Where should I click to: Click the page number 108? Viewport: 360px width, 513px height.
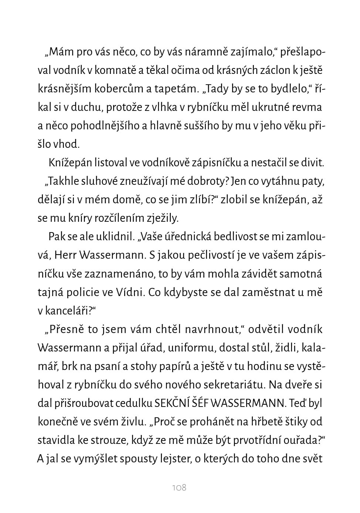click(x=179, y=487)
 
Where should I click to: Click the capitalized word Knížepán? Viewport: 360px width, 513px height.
click(x=69, y=163)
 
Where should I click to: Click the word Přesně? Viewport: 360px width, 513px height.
click(x=67, y=329)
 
